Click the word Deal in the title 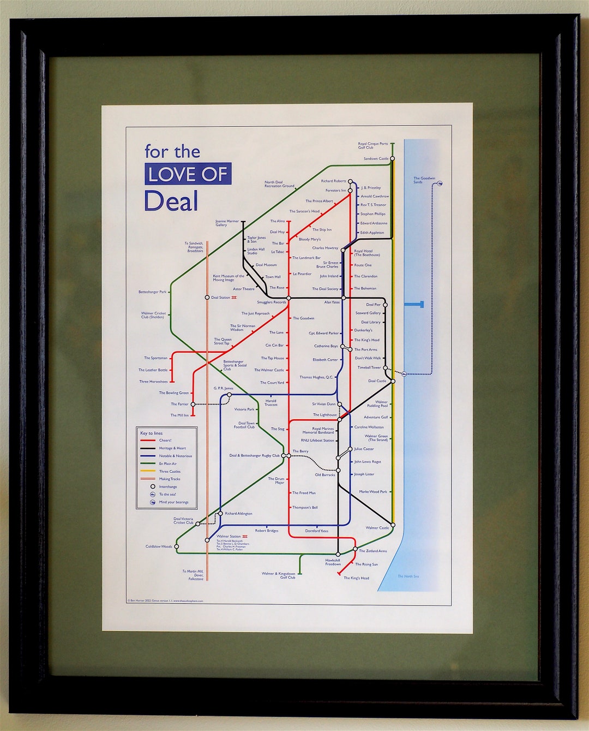(x=171, y=201)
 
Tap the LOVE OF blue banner (x=188, y=174)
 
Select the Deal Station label (x=220, y=298)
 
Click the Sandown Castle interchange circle (x=393, y=159)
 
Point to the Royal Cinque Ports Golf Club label (x=372, y=146)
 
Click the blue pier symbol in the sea (x=416, y=304)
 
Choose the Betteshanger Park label (x=152, y=292)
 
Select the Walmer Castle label (x=377, y=528)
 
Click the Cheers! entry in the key (x=165, y=441)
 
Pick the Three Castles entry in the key (x=170, y=471)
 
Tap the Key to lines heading (x=151, y=433)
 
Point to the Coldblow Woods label (x=159, y=546)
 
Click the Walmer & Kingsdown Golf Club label (x=279, y=575)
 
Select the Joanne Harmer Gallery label (x=227, y=223)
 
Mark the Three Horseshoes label (x=153, y=382)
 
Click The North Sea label (x=408, y=577)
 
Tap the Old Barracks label (x=324, y=475)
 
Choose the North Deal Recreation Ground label (x=279, y=185)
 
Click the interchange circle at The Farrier (x=193, y=405)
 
